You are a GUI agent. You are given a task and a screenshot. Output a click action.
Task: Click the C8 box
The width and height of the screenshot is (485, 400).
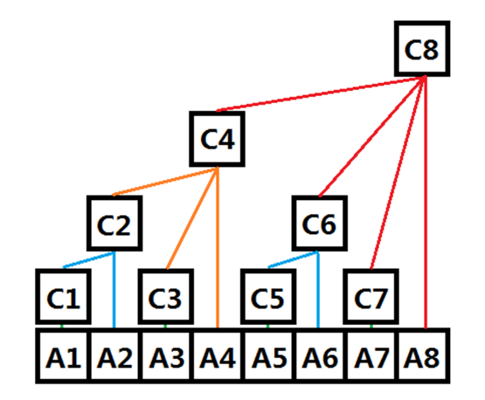[422, 49]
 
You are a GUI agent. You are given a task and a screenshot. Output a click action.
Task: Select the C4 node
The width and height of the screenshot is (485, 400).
[217, 139]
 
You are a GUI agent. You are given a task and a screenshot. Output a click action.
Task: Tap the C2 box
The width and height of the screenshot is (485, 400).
[114, 224]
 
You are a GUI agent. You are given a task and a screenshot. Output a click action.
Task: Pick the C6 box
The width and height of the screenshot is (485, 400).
[320, 224]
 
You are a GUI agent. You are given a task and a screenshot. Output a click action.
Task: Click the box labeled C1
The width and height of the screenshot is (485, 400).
[63, 296]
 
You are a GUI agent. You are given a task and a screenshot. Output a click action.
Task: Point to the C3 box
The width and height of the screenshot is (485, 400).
[166, 296]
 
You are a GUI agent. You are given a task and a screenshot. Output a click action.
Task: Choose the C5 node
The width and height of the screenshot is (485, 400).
[268, 296]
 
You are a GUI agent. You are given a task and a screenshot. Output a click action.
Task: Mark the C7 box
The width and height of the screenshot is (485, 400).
[371, 296]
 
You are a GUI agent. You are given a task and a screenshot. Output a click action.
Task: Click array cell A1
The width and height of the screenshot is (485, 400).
[64, 356]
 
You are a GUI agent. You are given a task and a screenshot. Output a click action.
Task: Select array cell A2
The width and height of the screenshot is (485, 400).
[114, 356]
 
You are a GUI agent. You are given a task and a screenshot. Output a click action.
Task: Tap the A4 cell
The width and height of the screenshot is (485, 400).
[217, 356]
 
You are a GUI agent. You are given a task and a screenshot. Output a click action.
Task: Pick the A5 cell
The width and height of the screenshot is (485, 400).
[268, 356]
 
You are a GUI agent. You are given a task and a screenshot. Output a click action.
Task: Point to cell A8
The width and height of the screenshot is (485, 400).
[423, 356]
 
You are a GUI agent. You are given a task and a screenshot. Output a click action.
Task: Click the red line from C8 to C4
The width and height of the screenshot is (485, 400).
[321, 93]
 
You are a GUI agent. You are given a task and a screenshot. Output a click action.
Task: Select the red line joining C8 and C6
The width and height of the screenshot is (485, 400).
[373, 136]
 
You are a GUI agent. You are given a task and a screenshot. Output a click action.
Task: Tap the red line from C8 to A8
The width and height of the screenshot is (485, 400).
[426, 202]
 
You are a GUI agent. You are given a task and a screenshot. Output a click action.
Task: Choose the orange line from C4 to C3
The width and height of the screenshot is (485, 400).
[192, 218]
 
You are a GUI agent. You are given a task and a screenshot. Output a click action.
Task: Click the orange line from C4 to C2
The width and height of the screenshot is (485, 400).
[166, 181]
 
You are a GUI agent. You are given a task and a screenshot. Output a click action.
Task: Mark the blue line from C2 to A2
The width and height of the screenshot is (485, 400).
[114, 290]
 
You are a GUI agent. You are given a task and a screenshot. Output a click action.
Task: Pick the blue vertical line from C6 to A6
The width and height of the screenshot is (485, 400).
[318, 290]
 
